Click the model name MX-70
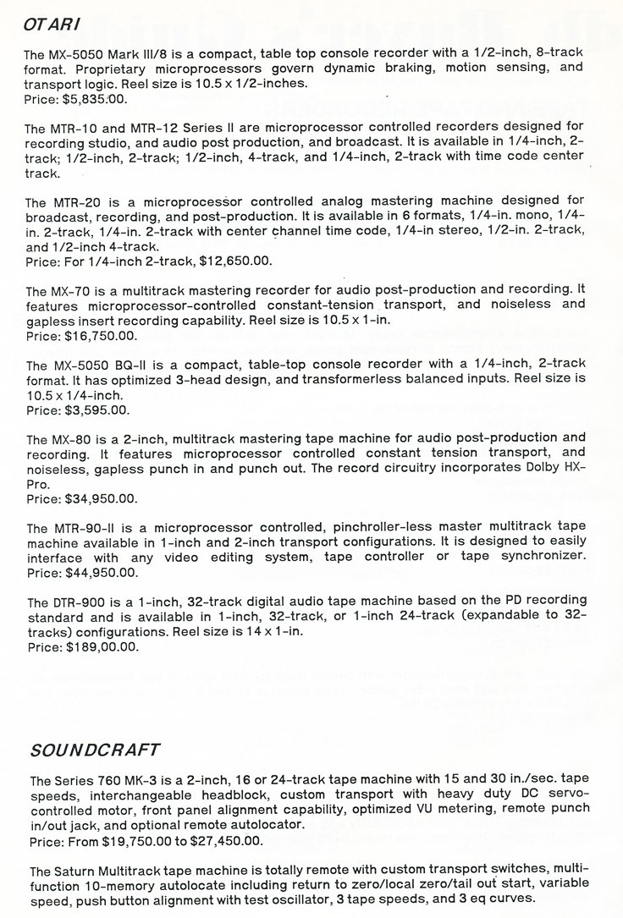(73, 289)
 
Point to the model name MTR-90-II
(89, 527)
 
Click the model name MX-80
(73, 437)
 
